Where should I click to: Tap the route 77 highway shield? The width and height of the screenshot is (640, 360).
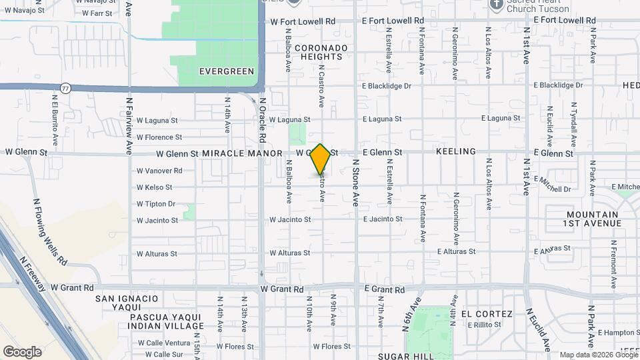pos(65,87)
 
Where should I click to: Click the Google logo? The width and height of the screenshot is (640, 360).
pos(22,351)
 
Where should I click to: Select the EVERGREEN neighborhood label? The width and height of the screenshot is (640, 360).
pos(227,71)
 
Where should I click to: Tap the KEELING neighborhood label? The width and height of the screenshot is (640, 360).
pos(456,152)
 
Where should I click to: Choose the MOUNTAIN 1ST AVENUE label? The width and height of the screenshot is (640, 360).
pos(584,219)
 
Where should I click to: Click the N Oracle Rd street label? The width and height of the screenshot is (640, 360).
pos(263,120)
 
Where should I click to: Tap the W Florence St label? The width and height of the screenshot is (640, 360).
pos(159,137)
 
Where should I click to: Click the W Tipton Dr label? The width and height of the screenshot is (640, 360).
pos(155,204)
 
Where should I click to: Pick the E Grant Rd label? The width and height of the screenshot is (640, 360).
pos(383,290)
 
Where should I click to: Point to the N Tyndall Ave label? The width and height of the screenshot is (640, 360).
pos(574,124)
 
